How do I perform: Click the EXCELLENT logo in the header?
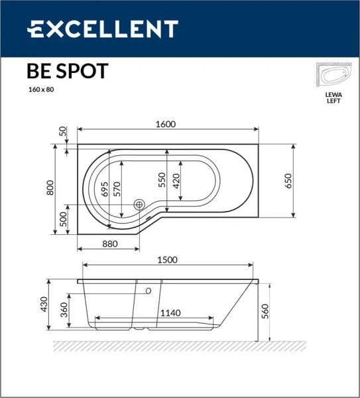click(102, 29)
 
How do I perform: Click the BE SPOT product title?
click(67, 71)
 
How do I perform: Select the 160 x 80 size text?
click(40, 90)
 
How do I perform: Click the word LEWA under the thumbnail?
click(333, 95)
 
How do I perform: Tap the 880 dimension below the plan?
click(110, 243)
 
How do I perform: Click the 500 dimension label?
click(64, 219)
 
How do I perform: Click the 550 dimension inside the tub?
click(161, 180)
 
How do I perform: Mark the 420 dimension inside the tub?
click(176, 180)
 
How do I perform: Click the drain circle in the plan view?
click(139, 205)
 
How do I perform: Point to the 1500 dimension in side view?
click(166, 260)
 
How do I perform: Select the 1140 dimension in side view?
click(170, 313)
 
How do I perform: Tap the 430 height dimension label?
click(44, 304)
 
